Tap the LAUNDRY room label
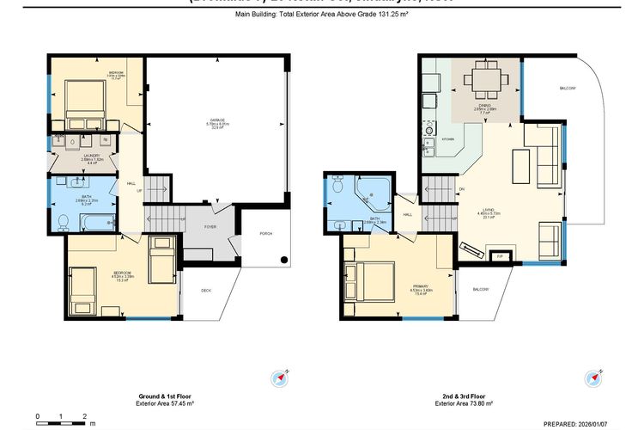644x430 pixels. click(81, 158)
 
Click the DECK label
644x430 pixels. click(206, 291)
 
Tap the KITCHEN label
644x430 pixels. click(447, 138)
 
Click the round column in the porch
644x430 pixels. click(284, 255)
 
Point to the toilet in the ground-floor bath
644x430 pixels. click(63, 222)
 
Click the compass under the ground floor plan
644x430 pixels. click(278, 378)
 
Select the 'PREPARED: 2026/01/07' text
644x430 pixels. click(592, 423)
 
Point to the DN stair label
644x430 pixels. click(461, 189)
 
